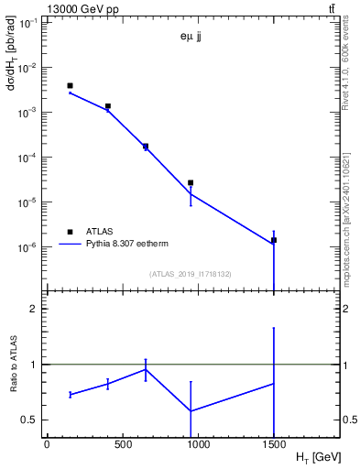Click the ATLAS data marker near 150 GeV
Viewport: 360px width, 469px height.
(x=70, y=86)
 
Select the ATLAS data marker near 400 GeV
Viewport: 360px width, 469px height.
(x=108, y=106)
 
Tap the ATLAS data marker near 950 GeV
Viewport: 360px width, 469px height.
(x=191, y=183)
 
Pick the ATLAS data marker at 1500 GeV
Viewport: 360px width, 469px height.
(x=274, y=240)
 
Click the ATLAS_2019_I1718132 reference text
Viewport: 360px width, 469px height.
(x=190, y=273)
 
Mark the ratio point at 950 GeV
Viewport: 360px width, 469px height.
(x=191, y=410)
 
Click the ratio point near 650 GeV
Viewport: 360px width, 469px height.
(x=146, y=369)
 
